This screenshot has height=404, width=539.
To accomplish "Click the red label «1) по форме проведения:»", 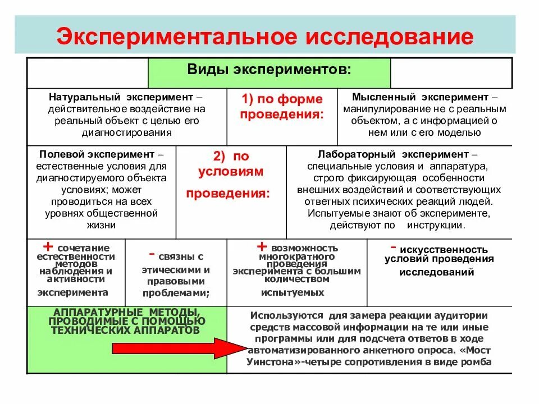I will pos(282,107).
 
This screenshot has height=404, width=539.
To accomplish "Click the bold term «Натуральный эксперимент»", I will pos(118,97).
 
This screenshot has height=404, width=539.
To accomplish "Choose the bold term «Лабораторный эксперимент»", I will pos(392,154).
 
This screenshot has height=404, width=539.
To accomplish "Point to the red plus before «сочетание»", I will pos(48,247).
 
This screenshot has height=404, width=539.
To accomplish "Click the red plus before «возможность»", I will pos(261,247).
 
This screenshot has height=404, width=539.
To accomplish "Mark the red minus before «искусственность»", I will pos(394,247).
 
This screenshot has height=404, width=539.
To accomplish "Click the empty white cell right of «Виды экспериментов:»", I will pos(451,73).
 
